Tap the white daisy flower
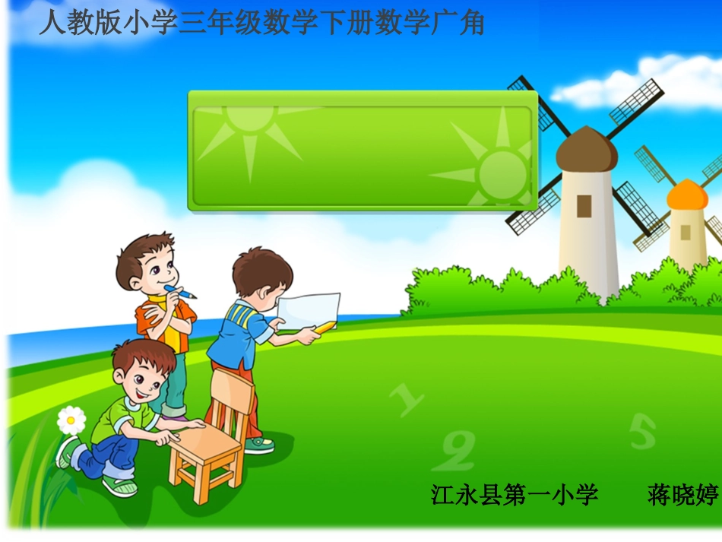[71, 420]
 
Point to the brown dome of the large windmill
[586, 150]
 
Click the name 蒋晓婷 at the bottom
[682, 496]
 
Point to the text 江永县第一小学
[515, 496]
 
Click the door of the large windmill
[584, 204]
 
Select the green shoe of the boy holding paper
[259, 444]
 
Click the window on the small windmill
[686, 231]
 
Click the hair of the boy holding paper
[261, 268]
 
